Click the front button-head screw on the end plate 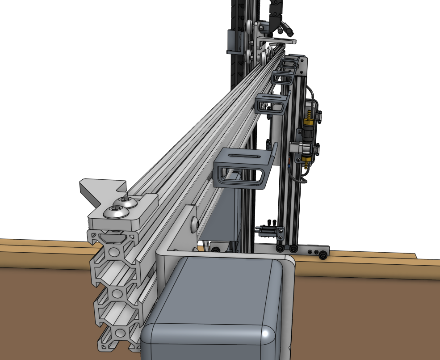point(115,213)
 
